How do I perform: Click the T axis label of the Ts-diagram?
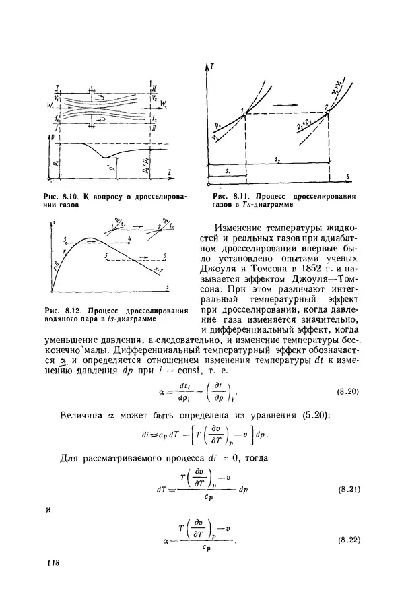(x=212, y=67)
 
